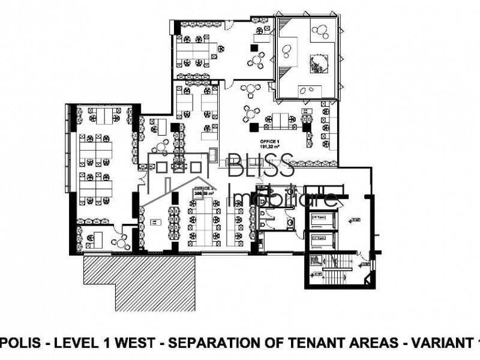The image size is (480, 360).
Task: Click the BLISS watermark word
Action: tap(261, 164)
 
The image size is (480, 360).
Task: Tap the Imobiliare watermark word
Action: tap(283, 196)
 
